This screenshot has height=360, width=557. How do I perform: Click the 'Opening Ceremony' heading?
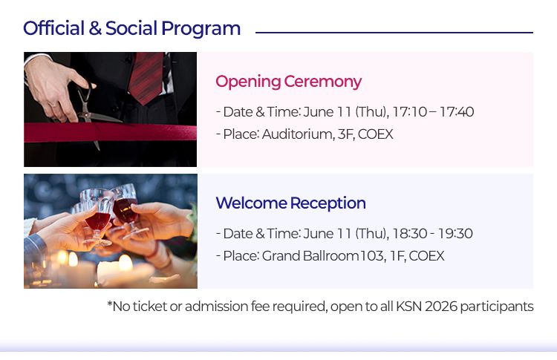[288, 82]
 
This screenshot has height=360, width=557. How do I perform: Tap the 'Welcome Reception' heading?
[290, 203]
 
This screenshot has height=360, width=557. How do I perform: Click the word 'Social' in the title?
[131, 28]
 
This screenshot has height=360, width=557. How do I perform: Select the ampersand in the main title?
[95, 28]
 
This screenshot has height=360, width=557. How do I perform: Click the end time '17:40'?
[457, 112]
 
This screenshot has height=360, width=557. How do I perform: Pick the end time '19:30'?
[455, 234]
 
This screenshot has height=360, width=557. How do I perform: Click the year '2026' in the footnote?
[441, 306]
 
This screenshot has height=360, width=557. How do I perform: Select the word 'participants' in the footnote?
[497, 307]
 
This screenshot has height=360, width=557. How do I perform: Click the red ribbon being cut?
[110, 132]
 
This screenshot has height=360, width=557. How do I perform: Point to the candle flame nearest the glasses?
[73, 259]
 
